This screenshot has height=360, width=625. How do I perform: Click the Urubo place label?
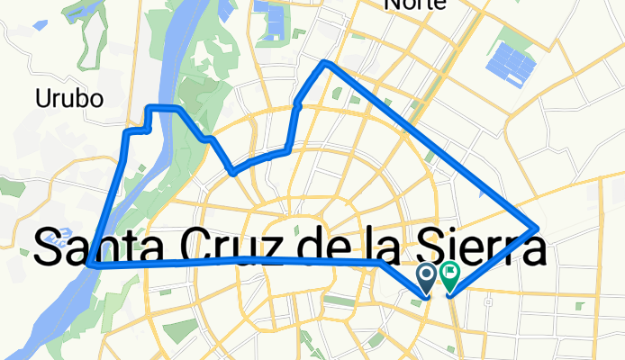click(x=69, y=97)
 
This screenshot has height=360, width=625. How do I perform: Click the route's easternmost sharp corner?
click(x=538, y=228)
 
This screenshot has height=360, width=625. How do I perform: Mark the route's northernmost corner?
click(x=326, y=63)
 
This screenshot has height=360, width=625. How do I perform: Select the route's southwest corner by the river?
click(x=93, y=265)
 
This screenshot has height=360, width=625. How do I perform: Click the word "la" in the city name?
click(x=389, y=247)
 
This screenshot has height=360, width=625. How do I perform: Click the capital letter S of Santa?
click(x=49, y=247)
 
